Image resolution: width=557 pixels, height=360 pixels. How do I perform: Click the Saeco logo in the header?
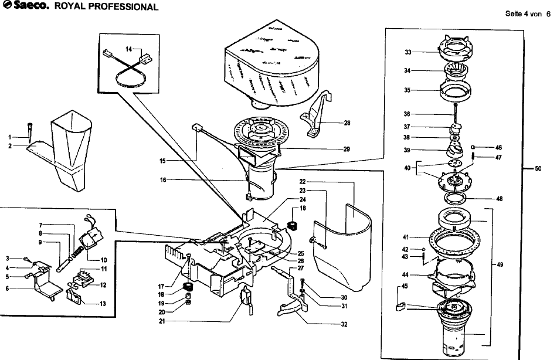pyautogui.click(x=25, y=6)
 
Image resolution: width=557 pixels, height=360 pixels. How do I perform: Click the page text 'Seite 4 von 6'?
pyautogui.click(x=528, y=14)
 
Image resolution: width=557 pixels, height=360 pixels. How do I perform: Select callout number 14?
pyautogui.click(x=128, y=49)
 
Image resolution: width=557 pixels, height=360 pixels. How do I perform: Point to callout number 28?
pyautogui.click(x=347, y=123)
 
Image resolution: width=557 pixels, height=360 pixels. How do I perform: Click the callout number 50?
pyautogui.click(x=538, y=168)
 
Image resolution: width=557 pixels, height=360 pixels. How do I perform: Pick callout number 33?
pyautogui.click(x=408, y=52)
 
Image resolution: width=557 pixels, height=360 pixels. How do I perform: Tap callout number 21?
pyautogui.click(x=162, y=322)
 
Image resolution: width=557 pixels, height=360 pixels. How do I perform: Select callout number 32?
pyautogui.click(x=344, y=324)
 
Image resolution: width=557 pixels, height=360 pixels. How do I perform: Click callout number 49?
pyautogui.click(x=500, y=265)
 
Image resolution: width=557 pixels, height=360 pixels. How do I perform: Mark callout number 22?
pyautogui.click(x=303, y=182)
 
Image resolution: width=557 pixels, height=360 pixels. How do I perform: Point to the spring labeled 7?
pyautogui.click(x=76, y=252)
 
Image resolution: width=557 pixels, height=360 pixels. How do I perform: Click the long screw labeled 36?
pyautogui.click(x=456, y=114)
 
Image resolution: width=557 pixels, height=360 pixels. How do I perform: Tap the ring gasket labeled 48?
pyautogui.click(x=455, y=198)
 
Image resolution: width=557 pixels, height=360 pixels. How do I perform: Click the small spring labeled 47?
pyautogui.click(x=474, y=155)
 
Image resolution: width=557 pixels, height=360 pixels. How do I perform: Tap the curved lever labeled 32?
pyautogui.click(x=293, y=308)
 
